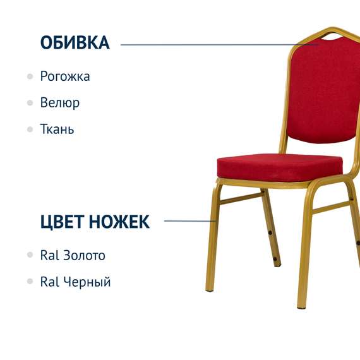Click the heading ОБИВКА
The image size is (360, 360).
pyautogui.click(x=75, y=43)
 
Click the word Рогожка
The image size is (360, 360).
pyautogui.click(x=65, y=76)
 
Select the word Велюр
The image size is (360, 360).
pyautogui.click(x=60, y=102)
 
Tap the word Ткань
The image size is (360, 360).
pyautogui.click(x=57, y=129)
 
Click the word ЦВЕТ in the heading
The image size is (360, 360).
pyautogui.click(x=62, y=222)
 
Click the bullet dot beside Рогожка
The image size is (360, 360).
pyautogui.click(x=30, y=76)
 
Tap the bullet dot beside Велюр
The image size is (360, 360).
pyautogui.click(x=30, y=102)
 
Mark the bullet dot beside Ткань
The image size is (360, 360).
pyautogui.click(x=30, y=129)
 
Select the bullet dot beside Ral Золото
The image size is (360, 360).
pyautogui.click(x=30, y=255)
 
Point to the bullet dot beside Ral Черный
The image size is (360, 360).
pyautogui.click(x=30, y=282)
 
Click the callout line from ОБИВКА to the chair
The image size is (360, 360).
pyautogui.click(x=215, y=45)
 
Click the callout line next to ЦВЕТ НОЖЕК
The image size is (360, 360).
pyautogui.click(x=189, y=221)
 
